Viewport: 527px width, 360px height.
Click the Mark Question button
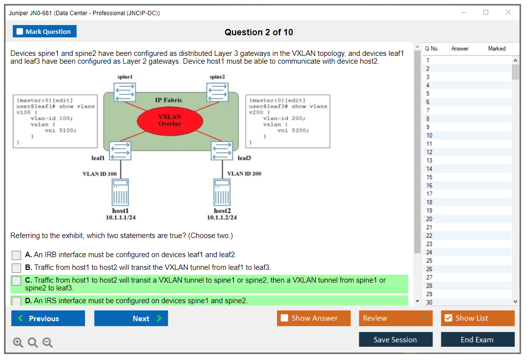click(x=45, y=31)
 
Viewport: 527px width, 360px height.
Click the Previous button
click(x=48, y=318)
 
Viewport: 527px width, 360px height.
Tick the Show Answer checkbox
click(x=285, y=318)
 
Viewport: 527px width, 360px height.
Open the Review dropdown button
click(x=396, y=318)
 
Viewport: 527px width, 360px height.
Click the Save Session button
click(x=395, y=339)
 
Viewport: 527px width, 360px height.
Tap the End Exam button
click(x=477, y=339)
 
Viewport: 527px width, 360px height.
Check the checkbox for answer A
click(x=17, y=255)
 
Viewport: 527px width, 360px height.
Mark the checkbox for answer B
click(x=17, y=268)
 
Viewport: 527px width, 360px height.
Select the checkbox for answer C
click(x=17, y=281)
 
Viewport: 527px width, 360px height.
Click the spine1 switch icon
click(x=125, y=92)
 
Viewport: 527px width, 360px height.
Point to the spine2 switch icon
click(x=217, y=92)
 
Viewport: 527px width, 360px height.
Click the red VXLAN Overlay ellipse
click(x=170, y=120)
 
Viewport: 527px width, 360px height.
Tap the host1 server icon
click(x=121, y=192)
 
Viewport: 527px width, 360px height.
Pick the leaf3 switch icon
click(x=222, y=150)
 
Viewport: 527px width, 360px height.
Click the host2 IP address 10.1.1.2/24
click(x=222, y=217)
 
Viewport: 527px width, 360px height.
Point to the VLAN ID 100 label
click(x=100, y=174)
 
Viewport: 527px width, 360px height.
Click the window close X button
click(x=508, y=13)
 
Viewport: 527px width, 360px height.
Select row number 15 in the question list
click(x=429, y=177)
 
